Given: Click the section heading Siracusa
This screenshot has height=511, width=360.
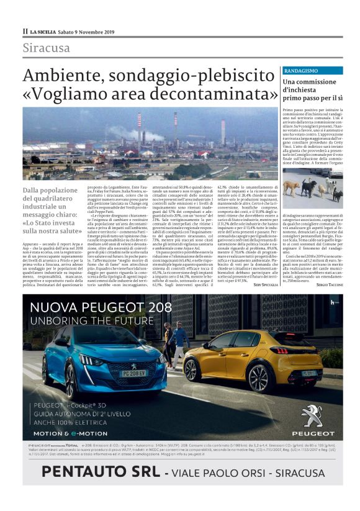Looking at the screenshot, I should click(47, 48).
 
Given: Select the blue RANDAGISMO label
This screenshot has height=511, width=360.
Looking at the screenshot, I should click(302, 71).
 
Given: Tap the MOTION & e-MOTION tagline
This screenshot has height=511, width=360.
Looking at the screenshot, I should click(68, 432).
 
